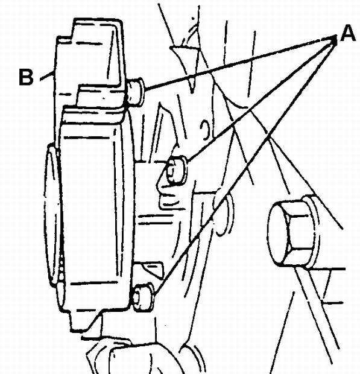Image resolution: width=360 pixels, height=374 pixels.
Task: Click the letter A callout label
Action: click(x=348, y=33)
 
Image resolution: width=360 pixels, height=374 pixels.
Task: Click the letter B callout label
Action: click(x=26, y=77)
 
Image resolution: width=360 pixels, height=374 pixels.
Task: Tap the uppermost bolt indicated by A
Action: click(x=135, y=92)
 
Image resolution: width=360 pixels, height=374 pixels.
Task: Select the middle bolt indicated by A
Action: click(x=176, y=170)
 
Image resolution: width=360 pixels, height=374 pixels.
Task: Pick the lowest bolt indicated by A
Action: click(x=142, y=297)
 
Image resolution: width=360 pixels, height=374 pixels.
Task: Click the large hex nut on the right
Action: click(x=293, y=232)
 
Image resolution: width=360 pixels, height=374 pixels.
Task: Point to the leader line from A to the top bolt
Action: click(x=239, y=63)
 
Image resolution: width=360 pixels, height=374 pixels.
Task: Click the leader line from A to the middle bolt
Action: click(x=261, y=100)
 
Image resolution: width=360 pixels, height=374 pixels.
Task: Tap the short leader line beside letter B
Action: click(x=46, y=76)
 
